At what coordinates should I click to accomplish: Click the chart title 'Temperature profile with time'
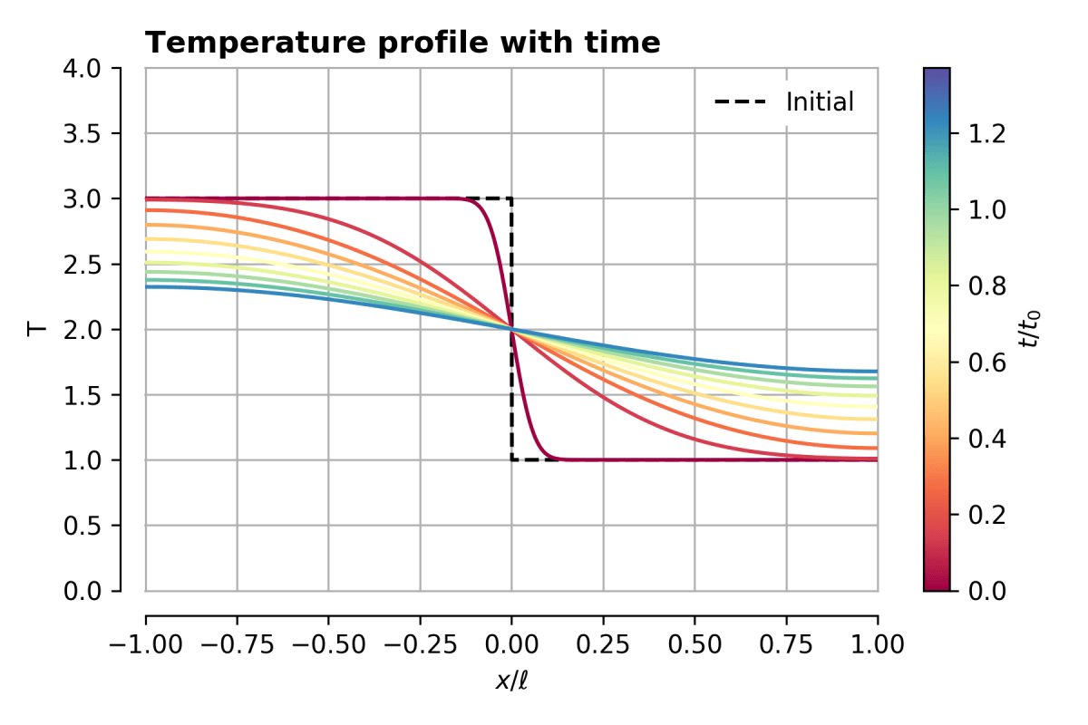[x=403, y=43]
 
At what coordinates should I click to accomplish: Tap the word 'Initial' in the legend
[x=820, y=102]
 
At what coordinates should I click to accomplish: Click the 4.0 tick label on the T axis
[x=91, y=69]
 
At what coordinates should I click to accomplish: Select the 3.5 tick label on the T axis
[x=91, y=134]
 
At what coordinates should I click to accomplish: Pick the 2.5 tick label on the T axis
[x=91, y=265]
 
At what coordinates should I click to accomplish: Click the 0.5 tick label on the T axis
[x=91, y=526]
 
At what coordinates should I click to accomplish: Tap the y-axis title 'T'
[x=38, y=329]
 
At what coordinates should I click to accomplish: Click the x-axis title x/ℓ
[x=511, y=681]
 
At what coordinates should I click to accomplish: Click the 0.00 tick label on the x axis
[x=511, y=645]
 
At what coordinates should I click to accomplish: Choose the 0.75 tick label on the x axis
[x=786, y=645]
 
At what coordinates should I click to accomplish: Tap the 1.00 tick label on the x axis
[x=878, y=645]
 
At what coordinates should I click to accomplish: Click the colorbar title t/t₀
[x=1030, y=329]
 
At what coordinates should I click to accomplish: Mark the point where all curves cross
[x=512, y=330]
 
